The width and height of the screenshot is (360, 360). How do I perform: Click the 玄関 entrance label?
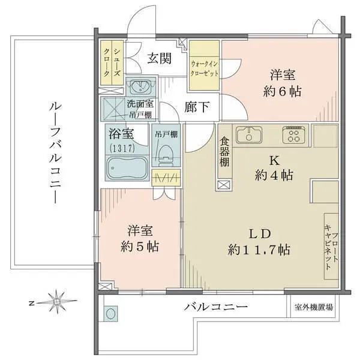[x=160, y=58]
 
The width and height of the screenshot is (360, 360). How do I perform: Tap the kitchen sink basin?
[x=249, y=135]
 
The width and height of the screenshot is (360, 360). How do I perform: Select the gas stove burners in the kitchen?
[x=293, y=134]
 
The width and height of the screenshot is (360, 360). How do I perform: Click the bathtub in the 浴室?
[x=127, y=167]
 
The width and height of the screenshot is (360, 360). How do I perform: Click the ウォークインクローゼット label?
[x=204, y=68]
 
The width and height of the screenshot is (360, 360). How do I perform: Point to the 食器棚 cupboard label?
[x=224, y=152]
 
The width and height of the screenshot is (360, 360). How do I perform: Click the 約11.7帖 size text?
[x=259, y=250]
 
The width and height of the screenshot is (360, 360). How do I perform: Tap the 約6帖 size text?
[x=282, y=92]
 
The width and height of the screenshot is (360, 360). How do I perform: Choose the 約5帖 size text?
[x=140, y=247]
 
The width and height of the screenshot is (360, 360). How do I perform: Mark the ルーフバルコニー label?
[x=55, y=154]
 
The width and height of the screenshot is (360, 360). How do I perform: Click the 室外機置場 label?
[x=313, y=307]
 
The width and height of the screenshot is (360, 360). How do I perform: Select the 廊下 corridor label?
[x=197, y=107]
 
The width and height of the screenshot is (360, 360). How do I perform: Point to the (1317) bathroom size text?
[x=122, y=149]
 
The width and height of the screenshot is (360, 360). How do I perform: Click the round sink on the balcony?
[x=110, y=314]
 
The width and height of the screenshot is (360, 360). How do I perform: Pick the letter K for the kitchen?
[x=274, y=161]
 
